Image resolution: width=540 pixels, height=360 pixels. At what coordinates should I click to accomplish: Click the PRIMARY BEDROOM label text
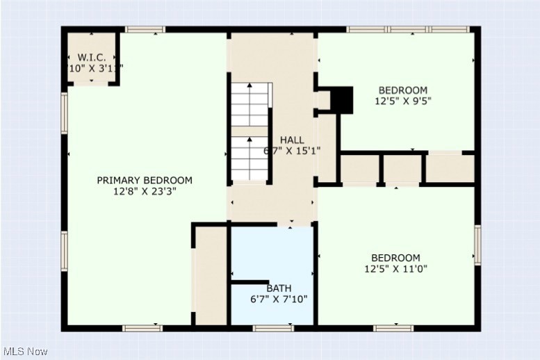145,181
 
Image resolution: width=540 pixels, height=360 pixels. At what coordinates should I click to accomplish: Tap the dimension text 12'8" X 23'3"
145,192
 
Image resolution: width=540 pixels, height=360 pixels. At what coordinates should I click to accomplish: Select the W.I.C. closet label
92,57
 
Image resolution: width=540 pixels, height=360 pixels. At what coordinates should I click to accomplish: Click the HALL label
292,140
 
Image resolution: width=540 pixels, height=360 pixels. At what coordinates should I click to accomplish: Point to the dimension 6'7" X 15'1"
292,151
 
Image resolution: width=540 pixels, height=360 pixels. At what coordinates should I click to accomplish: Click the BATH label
279,288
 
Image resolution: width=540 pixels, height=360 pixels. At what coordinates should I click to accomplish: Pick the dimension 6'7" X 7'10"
279,300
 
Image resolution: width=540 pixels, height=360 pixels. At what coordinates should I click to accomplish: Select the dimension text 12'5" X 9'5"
402,101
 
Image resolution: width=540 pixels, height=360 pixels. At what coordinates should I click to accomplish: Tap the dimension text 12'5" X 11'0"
395,269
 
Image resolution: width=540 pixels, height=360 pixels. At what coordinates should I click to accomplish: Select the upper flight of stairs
250,104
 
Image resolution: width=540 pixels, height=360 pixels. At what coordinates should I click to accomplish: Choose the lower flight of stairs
250,158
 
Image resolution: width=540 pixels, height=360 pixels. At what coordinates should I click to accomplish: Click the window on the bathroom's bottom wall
272,328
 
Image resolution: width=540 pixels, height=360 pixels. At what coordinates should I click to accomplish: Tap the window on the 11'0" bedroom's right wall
477,245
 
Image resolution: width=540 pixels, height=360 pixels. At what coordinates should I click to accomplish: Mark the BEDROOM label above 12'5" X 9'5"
402,90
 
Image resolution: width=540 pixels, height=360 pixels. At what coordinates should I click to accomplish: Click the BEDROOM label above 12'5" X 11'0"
395,258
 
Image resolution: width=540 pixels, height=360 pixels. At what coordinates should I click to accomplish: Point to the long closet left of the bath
211,275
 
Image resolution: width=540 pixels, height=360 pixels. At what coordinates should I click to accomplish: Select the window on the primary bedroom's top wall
145,29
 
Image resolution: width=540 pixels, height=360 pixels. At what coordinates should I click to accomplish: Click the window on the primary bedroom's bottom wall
142,328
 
